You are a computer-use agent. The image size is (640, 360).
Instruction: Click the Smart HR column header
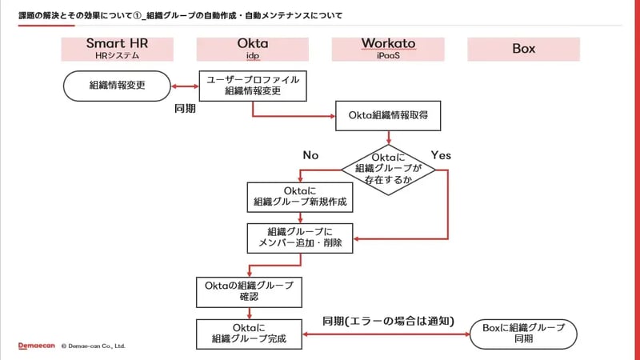click(x=117, y=49)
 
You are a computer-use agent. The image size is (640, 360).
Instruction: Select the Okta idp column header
click(x=252, y=49)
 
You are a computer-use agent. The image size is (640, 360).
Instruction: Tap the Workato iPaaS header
click(x=388, y=49)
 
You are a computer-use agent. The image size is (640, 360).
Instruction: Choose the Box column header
click(x=523, y=49)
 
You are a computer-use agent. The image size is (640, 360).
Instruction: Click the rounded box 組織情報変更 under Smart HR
click(x=117, y=84)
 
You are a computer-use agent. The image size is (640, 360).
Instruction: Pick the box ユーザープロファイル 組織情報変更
click(x=252, y=85)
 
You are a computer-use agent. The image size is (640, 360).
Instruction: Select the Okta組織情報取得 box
click(x=388, y=115)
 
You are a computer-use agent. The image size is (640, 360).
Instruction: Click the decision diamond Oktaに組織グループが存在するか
click(x=388, y=169)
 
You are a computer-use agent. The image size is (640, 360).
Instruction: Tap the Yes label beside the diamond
click(x=441, y=155)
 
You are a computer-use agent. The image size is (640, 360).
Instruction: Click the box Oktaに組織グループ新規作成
click(x=299, y=197)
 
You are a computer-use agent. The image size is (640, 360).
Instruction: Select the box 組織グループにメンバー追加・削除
click(x=299, y=238)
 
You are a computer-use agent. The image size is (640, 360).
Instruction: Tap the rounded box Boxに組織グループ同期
click(x=524, y=334)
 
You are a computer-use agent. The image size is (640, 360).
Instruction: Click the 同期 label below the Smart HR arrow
click(x=185, y=107)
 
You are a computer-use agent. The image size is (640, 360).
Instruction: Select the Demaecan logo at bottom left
click(x=36, y=346)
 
